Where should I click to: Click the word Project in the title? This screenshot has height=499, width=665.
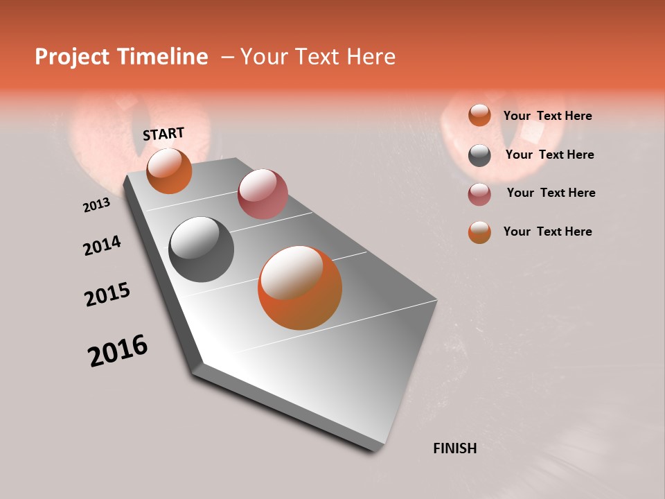click(71, 58)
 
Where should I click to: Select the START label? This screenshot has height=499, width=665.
click(163, 134)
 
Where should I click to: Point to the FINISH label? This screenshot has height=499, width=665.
click(454, 448)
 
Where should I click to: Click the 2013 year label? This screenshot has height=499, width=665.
click(96, 205)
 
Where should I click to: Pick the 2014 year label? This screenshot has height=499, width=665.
click(102, 246)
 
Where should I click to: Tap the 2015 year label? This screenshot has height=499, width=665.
click(107, 295)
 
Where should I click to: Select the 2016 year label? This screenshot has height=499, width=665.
click(118, 351)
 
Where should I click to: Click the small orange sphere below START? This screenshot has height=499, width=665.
click(169, 171)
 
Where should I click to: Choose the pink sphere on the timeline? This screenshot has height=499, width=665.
click(263, 194)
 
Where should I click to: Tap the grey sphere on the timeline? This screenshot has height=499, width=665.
click(201, 249)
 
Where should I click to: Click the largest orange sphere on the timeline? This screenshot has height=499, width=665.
click(300, 288)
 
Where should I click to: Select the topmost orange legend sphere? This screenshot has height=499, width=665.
click(479, 116)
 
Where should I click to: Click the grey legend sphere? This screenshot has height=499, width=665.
click(479, 155)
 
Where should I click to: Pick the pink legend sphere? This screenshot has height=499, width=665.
click(479, 194)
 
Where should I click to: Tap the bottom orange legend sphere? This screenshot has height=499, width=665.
click(479, 232)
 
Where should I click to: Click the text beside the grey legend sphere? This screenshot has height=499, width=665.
click(549, 155)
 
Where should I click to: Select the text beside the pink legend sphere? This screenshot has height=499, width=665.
click(551, 193)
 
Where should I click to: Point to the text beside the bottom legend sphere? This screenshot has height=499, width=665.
click(547, 231)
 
